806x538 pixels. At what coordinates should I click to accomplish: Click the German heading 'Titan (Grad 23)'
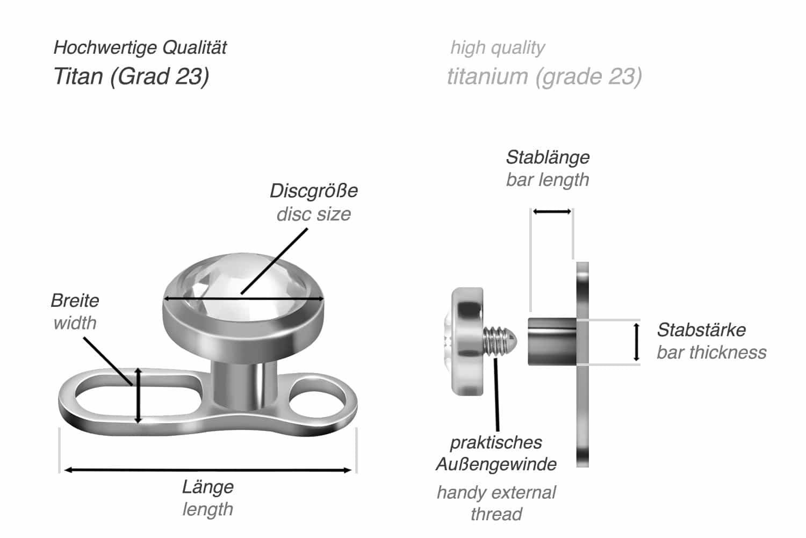pyautogui.click(x=131, y=76)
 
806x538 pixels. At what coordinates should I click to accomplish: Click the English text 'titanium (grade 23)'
pyautogui.click(x=544, y=76)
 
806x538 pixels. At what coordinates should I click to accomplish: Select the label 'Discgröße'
pyautogui.click(x=313, y=191)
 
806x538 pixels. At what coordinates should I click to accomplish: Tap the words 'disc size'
pyautogui.click(x=313, y=214)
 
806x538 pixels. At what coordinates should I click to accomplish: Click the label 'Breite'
pyautogui.click(x=75, y=300)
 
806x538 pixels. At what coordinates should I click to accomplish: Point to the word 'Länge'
pyautogui.click(x=207, y=487)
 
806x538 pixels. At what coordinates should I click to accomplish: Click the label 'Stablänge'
pyautogui.click(x=547, y=157)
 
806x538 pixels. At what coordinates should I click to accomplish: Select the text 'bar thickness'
pyautogui.click(x=711, y=353)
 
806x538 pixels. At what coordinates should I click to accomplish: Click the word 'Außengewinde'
pyautogui.click(x=495, y=464)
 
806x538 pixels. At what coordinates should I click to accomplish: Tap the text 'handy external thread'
pyautogui.click(x=495, y=503)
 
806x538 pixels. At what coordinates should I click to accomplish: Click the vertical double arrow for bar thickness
pyautogui.click(x=636, y=342)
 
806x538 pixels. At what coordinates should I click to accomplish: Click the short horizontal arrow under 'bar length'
pyautogui.click(x=552, y=212)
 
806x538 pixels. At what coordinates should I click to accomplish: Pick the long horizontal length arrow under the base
pyautogui.click(x=207, y=470)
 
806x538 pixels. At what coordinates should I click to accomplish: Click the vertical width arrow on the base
pyautogui.click(x=138, y=395)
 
